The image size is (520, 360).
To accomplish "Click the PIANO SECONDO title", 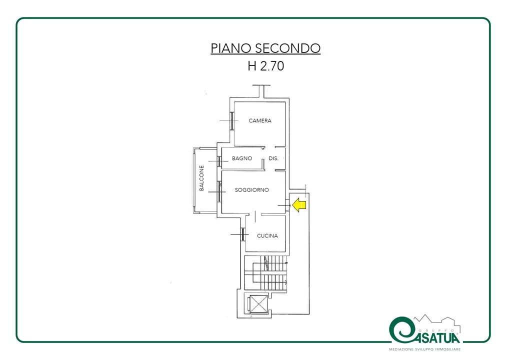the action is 265,48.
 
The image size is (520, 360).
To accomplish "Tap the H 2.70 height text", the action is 265,66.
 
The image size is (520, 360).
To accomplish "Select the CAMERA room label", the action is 260,120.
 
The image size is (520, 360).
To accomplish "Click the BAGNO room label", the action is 242,158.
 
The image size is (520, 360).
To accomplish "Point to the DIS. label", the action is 273,158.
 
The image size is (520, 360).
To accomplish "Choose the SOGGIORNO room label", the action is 251,190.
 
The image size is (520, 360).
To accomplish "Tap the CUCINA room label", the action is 267,235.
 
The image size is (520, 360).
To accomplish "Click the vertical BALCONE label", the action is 201,178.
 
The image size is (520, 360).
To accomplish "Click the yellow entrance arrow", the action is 299,205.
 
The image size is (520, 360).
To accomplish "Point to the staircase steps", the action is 265,273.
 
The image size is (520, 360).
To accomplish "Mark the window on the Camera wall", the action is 232,120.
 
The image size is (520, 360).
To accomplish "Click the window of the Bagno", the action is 219,161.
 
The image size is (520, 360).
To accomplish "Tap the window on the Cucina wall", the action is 243,234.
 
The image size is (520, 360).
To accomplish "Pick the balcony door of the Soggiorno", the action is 219,191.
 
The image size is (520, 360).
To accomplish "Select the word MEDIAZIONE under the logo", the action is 401,349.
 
